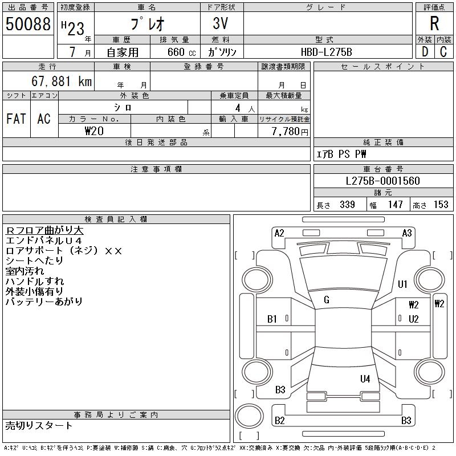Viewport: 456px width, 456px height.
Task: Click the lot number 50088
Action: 28,23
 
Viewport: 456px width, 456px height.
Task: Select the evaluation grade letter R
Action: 434,23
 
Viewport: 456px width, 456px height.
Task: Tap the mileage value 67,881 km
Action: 62,82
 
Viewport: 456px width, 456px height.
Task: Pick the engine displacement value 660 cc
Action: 174,52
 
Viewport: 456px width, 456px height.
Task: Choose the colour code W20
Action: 94,131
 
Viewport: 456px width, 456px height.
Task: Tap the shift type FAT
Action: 16,119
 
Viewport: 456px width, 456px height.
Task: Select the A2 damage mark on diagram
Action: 279,233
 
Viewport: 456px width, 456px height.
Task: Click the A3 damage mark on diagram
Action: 407,233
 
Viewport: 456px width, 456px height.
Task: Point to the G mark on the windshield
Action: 327,300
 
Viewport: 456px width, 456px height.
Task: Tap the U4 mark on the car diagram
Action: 365,378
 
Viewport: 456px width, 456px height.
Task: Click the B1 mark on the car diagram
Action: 272,319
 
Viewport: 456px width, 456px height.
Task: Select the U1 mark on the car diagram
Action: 402,284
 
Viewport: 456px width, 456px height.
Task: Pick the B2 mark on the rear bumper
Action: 279,421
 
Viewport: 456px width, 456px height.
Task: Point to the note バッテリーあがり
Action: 44,302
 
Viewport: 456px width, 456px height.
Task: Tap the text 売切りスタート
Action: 39,425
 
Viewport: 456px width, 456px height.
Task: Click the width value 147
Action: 394,205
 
